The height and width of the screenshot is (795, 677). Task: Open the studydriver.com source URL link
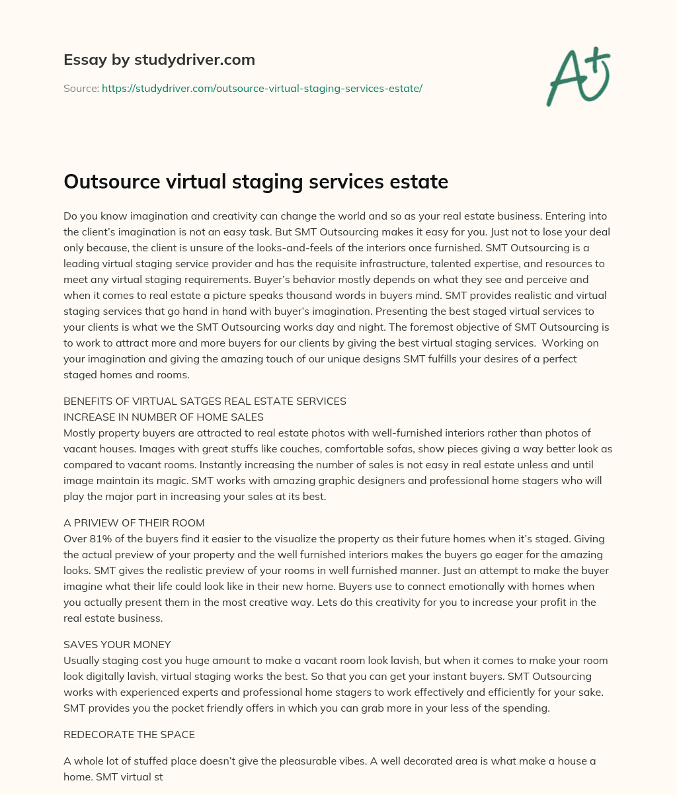pos(262,88)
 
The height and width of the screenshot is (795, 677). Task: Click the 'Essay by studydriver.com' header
pos(159,60)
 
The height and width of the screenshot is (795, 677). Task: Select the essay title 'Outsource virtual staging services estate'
pos(256,182)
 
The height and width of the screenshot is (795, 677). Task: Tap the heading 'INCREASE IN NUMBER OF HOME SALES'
pos(163,417)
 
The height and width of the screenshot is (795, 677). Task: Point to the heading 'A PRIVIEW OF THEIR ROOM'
pos(134,523)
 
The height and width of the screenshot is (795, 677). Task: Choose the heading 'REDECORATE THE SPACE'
pos(129,735)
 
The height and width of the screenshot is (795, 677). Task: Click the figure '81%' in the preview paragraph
pos(100,539)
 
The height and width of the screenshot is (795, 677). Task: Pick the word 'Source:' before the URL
pos(81,88)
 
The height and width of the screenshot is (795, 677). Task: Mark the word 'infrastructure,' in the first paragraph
pos(359,264)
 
